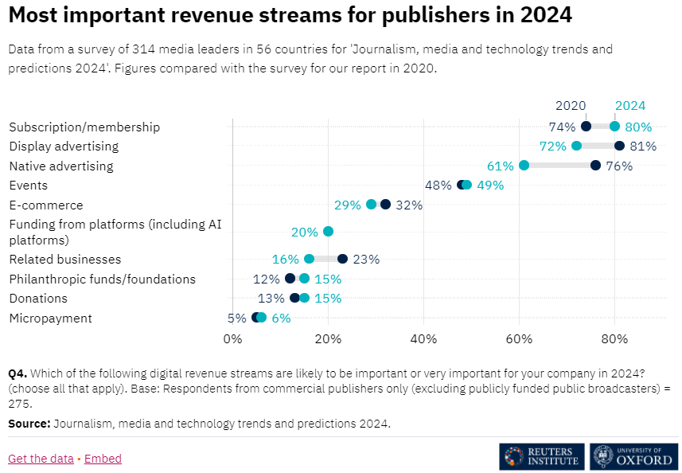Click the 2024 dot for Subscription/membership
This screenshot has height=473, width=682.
pos(614,126)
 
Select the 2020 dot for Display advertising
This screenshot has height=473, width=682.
pos(619,146)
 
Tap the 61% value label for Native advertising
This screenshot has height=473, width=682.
pos(500,166)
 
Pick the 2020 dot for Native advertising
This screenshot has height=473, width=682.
pos(595,165)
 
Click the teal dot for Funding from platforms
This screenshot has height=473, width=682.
pos(328,232)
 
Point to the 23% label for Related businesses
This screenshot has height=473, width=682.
pos(367,259)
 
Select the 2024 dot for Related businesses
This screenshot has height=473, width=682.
pos(309,259)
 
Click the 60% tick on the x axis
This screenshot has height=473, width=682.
pos(519,340)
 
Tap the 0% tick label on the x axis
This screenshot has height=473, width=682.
pos(232,340)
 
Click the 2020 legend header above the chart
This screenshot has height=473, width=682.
pos(571,105)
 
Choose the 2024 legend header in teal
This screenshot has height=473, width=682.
pos(630,105)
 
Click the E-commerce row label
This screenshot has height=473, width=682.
pos(46,205)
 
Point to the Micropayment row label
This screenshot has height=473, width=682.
pos(50,319)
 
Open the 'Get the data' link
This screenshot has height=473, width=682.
pos(41,459)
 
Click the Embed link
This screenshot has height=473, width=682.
pos(103,459)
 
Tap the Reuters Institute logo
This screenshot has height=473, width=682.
pos(542,456)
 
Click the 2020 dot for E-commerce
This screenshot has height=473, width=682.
pos(385,205)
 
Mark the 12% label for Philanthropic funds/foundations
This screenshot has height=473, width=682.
pos(266,279)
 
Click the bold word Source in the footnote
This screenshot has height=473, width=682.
pos(29,423)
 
